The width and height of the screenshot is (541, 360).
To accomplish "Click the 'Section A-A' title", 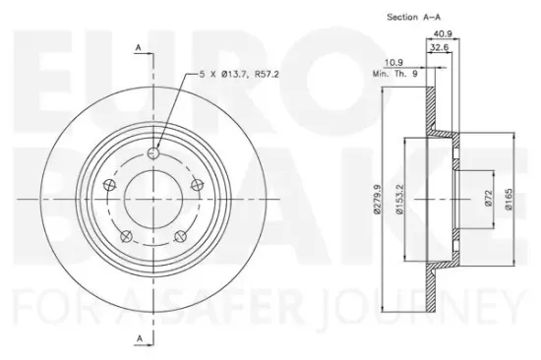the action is (414, 17).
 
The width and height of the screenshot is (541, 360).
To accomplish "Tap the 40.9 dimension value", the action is (443, 33).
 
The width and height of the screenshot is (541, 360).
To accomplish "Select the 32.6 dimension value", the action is (440, 47).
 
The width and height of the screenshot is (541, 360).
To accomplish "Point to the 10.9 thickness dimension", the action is (393, 63).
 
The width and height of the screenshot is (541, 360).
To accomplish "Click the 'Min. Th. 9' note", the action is (395, 74).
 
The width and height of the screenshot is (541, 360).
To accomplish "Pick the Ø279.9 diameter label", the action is (377, 199).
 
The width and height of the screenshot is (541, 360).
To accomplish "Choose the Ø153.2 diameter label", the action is (399, 199).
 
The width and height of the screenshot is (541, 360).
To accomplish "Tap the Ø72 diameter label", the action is (488, 198).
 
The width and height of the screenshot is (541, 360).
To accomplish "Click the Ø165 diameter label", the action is (509, 199).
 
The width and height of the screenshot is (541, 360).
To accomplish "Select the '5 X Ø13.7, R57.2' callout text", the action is (239, 74).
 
